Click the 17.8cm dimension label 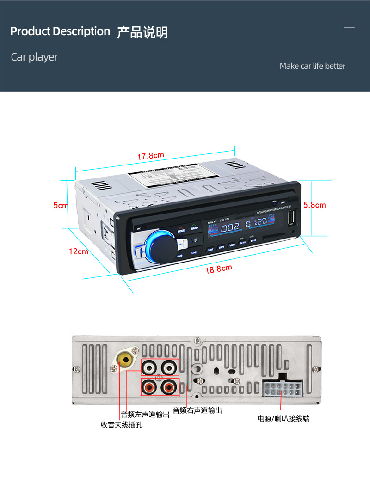(151, 156)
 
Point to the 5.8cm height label (314, 205)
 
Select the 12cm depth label (79, 251)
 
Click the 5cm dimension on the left (61, 205)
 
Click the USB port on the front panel (292, 218)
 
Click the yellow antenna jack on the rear (124, 359)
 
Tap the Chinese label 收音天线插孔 (122, 425)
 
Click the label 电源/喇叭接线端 (284, 419)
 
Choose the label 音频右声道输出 (197, 410)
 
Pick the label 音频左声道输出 (145, 415)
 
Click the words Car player (35, 57)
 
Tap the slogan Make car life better (312, 66)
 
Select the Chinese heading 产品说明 (142, 32)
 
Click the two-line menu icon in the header (349, 26)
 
